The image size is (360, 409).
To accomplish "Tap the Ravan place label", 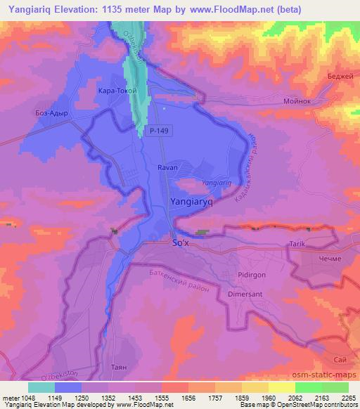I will point(167,168).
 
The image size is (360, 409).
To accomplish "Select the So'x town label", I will point(182,243).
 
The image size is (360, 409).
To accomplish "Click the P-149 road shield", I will point(159,131).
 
